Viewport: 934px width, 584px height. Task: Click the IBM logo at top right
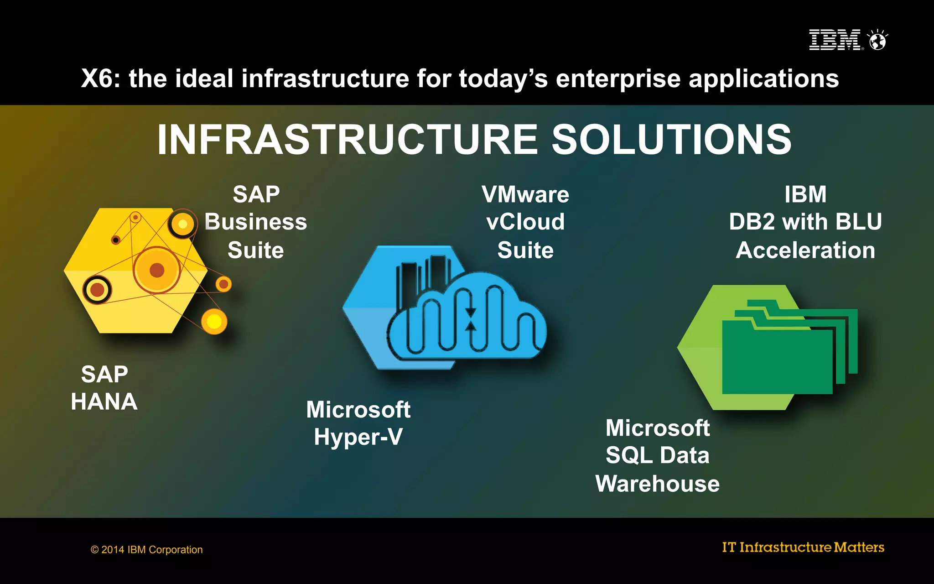coord(835,40)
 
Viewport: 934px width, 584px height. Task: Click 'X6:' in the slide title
coord(101,78)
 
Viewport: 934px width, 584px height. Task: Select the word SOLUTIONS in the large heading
coord(671,140)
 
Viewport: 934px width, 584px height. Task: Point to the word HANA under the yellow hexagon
coord(104,402)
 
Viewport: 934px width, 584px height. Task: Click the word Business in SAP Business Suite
coord(255,222)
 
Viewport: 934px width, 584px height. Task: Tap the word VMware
coord(525,195)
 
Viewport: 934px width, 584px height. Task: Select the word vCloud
coord(525,222)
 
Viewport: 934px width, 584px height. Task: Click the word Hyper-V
coord(358,437)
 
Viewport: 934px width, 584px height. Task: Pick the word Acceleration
coord(805,250)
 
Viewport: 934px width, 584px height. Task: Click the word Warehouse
coord(657,484)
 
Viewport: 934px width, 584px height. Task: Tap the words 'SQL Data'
coord(657,455)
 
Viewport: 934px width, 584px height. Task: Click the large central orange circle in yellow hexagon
coord(156,270)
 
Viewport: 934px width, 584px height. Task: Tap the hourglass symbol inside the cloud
coord(470,319)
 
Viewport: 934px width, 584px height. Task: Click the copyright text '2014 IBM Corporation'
coord(151,550)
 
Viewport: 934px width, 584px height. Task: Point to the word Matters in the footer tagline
coord(859,547)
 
